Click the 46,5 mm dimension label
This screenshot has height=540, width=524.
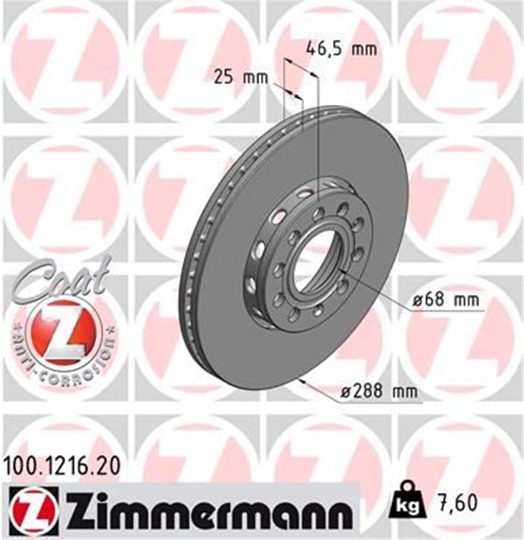click(341, 48)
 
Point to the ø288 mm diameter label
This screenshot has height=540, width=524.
click(379, 392)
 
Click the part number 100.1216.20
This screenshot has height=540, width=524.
click(62, 466)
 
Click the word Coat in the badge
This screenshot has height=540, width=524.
click(61, 279)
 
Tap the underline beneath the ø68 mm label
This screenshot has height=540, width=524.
click(445, 311)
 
